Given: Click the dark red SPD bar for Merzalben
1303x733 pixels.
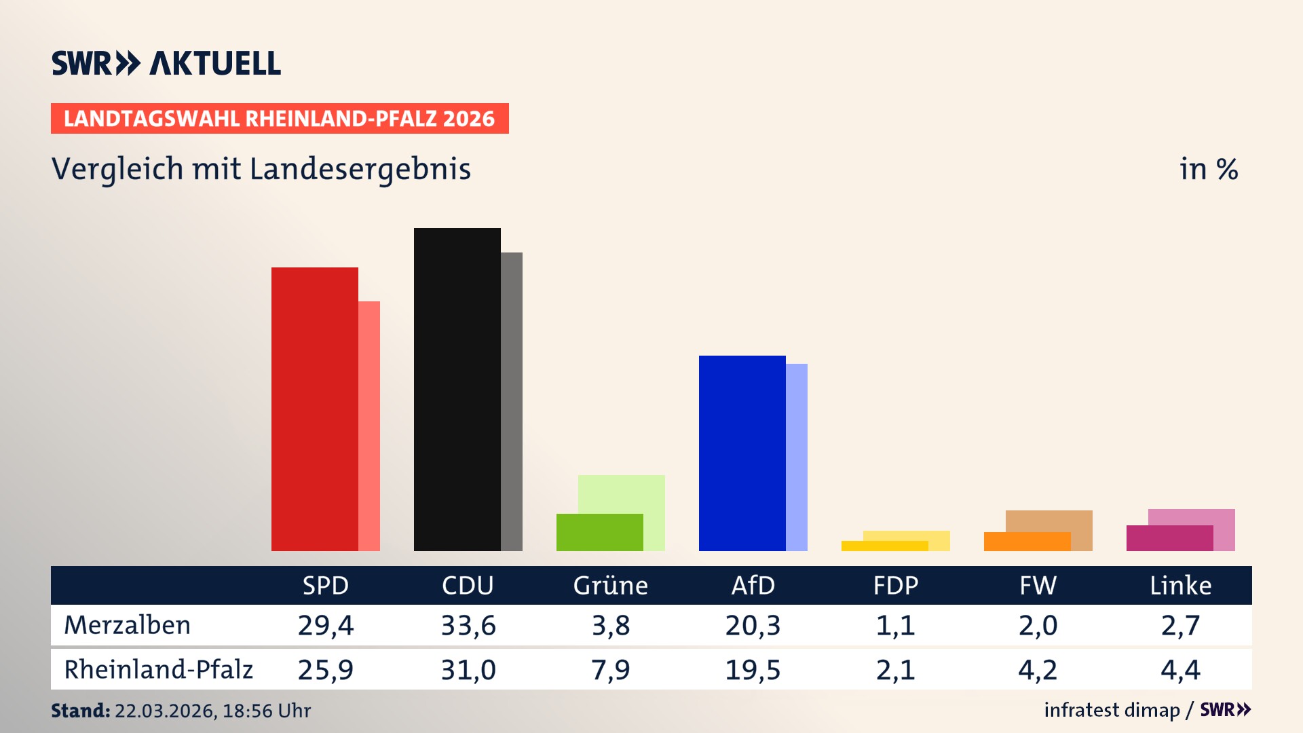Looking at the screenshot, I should tap(314, 409).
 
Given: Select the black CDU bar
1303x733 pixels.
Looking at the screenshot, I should tap(457, 389).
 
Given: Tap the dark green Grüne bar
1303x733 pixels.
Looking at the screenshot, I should tap(599, 532).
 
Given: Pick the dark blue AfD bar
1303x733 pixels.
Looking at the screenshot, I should tap(742, 453).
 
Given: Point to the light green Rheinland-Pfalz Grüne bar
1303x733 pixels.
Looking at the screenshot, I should tap(622, 493).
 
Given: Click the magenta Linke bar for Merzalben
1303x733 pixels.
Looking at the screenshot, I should tap(1169, 538).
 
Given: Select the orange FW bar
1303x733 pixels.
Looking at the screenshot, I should tap(1027, 542).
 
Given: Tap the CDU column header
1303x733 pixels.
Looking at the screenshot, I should tap(468, 586).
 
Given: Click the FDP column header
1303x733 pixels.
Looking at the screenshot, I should tap(895, 586).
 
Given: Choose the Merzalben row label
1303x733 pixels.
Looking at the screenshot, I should tap(127, 625).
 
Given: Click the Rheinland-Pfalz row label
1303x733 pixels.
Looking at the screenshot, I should tap(158, 670).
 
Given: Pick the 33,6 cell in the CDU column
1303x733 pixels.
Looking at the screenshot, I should tap(468, 625).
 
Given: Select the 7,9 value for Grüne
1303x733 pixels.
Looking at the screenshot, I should tap(610, 670).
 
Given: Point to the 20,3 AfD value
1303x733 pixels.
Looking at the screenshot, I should tap(753, 625).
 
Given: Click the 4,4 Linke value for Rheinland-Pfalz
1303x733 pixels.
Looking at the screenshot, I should tap(1180, 670).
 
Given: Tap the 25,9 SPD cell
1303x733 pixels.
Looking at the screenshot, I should tap(325, 670).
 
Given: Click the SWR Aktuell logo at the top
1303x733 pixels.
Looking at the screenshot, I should tap(166, 63).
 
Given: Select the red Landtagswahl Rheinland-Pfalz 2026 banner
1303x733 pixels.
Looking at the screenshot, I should tap(279, 119).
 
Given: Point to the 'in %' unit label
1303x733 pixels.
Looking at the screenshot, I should tap(1208, 169).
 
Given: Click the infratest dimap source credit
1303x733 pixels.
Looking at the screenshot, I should tap(1112, 710).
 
